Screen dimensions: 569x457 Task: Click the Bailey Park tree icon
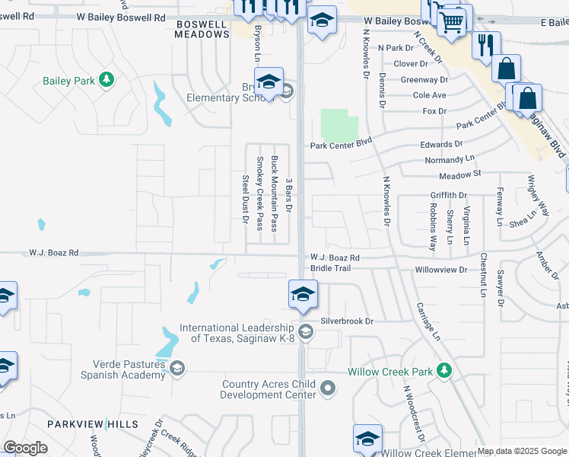tap(107, 79)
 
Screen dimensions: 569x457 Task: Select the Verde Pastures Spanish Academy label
tap(118, 369)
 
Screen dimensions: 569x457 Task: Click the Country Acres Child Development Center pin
tap(328, 389)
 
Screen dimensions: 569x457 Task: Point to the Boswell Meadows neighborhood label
tap(201, 29)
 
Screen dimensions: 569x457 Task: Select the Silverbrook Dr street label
tap(348, 321)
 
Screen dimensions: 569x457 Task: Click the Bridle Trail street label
tap(330, 268)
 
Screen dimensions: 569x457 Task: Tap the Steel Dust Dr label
tap(246, 200)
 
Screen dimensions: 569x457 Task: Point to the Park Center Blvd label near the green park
tap(340, 142)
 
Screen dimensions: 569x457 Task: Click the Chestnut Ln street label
tap(482, 270)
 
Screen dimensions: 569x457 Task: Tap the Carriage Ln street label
tap(428, 320)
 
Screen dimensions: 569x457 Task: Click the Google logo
tap(26, 448)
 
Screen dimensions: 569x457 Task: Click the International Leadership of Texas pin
tap(305, 331)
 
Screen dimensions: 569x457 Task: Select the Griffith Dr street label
tap(448, 196)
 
